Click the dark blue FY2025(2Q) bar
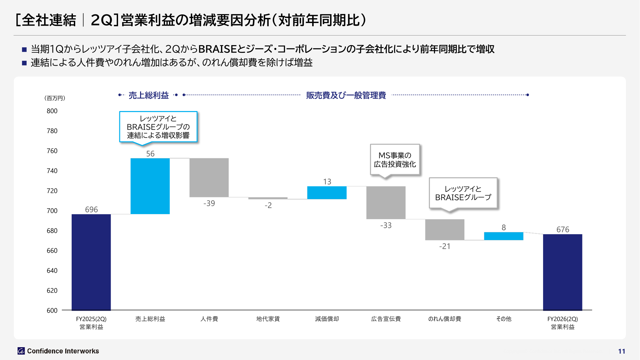(x=91, y=262)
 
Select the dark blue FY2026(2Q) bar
(x=562, y=272)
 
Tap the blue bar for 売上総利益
(x=150, y=186)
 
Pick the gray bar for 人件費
(x=209, y=178)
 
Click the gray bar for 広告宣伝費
(x=386, y=203)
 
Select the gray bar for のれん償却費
(x=445, y=229)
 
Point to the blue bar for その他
(x=503, y=236)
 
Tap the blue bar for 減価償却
(x=327, y=193)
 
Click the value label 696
(x=91, y=210)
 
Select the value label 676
(x=563, y=229)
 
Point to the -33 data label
(x=386, y=225)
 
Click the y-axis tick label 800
(x=52, y=111)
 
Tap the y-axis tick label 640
(x=52, y=271)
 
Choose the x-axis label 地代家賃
(x=268, y=319)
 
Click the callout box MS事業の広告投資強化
(x=395, y=160)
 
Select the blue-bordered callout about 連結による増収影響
(x=158, y=127)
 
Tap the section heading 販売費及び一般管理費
(x=346, y=95)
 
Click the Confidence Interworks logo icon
(x=21, y=351)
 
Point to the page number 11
(x=621, y=351)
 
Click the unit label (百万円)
(x=55, y=98)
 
